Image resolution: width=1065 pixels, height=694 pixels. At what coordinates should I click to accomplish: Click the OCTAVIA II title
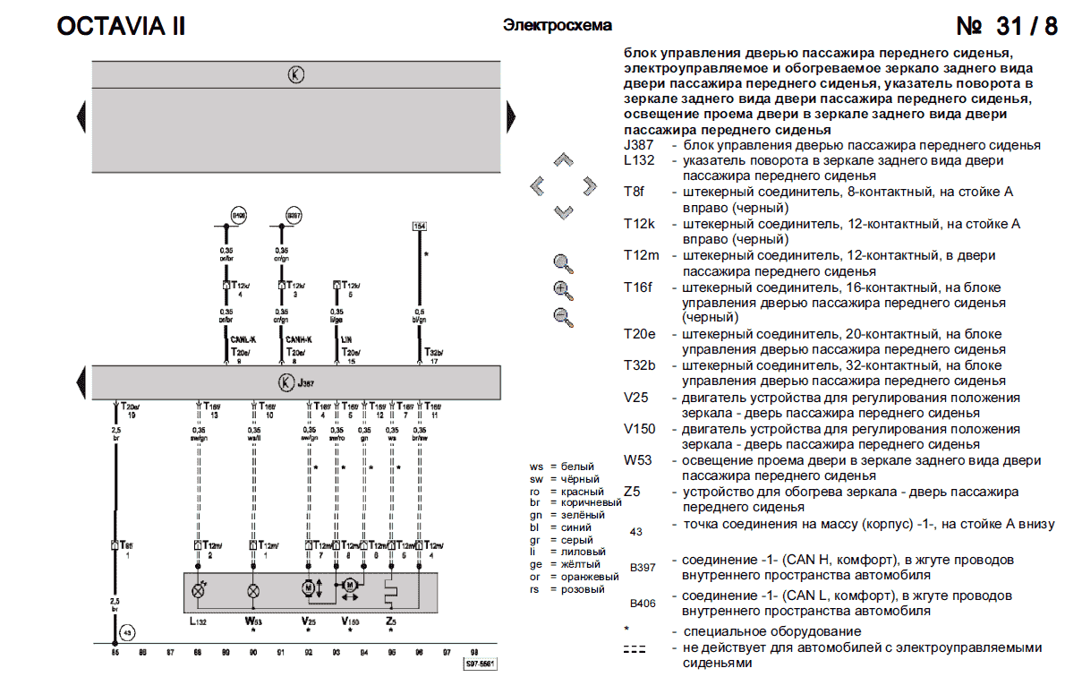(x=121, y=26)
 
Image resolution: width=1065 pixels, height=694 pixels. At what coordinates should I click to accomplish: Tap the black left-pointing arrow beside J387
(x=81, y=382)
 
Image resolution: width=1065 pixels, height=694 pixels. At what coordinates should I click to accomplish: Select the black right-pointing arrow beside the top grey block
(x=512, y=115)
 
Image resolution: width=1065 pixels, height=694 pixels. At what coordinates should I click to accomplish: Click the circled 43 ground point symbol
(x=128, y=633)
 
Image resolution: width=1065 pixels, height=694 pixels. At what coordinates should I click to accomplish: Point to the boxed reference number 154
(x=418, y=226)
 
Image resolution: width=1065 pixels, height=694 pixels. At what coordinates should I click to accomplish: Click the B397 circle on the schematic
(x=294, y=216)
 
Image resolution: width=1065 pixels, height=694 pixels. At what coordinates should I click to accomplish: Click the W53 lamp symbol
(x=253, y=591)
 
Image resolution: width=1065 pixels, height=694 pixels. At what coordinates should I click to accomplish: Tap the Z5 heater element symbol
(x=391, y=591)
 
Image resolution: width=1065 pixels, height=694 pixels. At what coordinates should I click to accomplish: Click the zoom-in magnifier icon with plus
(x=563, y=290)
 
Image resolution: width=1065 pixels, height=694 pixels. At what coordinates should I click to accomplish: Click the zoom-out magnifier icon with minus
(x=563, y=316)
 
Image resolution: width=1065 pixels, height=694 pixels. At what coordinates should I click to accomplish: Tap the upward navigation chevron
(x=563, y=159)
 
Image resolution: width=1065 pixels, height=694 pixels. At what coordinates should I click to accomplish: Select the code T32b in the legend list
(x=640, y=366)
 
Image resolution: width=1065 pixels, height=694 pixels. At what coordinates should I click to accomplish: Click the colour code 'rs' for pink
(x=537, y=589)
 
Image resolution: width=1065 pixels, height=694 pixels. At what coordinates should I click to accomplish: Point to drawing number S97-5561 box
(x=480, y=664)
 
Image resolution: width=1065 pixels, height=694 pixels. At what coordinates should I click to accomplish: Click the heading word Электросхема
(x=558, y=25)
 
